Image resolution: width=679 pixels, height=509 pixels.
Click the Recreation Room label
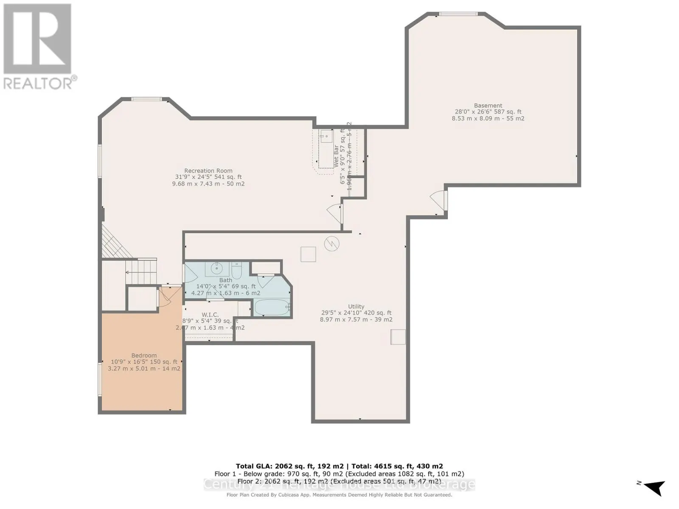click(x=208, y=171)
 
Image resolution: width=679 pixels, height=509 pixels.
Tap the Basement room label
click(x=488, y=106)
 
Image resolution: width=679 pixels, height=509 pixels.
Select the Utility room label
click(x=356, y=307)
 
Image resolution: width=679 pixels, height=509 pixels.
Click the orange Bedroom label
click(x=144, y=355)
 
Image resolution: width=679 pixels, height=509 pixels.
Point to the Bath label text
click(x=226, y=280)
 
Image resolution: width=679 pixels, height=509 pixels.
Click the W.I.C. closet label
click(x=210, y=315)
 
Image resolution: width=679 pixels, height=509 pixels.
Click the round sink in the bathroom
click(x=217, y=268)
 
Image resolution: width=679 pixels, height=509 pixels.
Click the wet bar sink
click(x=326, y=137)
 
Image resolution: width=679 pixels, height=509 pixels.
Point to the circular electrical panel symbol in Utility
click(x=331, y=243)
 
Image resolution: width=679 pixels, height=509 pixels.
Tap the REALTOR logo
click(x=38, y=47)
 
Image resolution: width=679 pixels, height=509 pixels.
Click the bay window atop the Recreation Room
click(x=146, y=99)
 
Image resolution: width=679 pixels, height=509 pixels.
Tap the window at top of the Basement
click(x=458, y=14)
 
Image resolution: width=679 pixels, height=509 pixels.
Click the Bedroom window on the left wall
click(x=100, y=379)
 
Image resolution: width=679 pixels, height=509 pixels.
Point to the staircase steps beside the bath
click(x=142, y=271)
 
